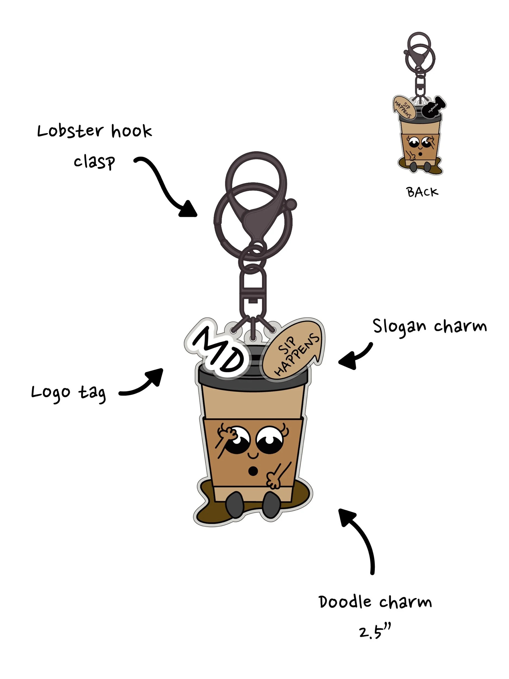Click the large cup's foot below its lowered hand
click(271, 505)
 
